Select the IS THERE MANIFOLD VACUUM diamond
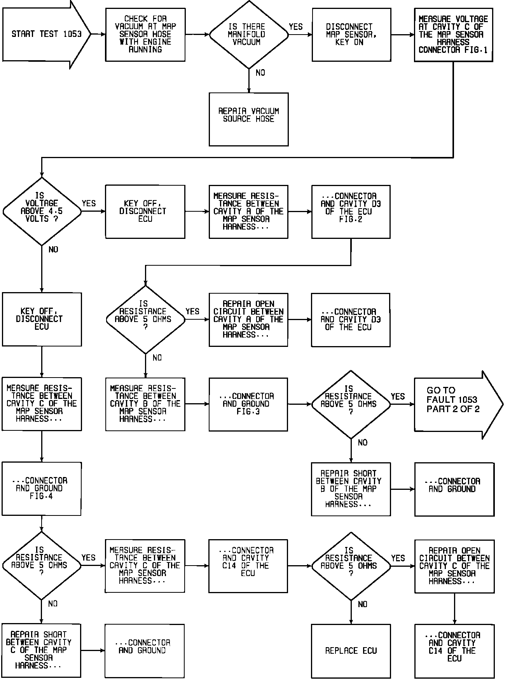249,34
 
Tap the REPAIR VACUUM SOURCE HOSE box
249,119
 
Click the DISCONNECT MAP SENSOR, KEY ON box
351,35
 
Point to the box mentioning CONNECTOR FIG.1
453,35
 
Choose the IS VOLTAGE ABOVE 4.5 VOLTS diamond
42,211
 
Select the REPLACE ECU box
351,651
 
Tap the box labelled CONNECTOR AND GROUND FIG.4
42,489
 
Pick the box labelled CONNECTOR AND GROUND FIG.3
248,404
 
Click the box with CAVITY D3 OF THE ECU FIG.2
351,211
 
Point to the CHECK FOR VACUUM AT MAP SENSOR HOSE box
145,34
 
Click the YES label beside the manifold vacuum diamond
295,27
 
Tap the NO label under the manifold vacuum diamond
260,73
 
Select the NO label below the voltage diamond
53,250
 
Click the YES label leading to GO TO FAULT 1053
398,397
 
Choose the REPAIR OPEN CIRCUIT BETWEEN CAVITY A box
248,319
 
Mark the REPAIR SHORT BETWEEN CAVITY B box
351,489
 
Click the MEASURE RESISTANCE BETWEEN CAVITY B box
145,404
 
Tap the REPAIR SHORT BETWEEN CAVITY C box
42,651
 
